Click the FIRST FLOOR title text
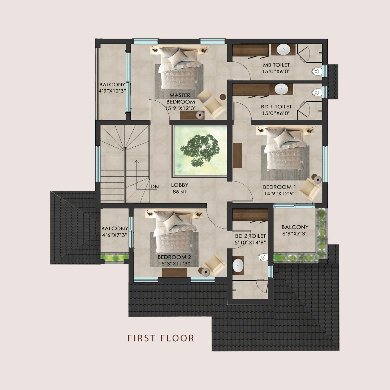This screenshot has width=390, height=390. tap(161, 338)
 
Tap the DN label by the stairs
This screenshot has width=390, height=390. tap(155, 187)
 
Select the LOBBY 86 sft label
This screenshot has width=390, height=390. tap(179, 188)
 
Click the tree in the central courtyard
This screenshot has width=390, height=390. tap(200, 150)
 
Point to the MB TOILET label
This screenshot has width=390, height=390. tap(276, 65)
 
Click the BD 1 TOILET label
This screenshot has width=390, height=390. tap(276, 107)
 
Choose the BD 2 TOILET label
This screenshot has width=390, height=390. tap(250, 236)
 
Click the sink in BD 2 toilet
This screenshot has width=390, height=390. tap(238, 265)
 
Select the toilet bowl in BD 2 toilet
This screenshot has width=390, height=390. tap(263, 257)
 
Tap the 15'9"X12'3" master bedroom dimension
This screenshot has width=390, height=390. tap(180, 108)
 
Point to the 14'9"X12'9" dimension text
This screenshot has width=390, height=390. tap(279, 193)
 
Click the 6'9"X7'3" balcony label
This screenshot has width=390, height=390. tap(295, 234)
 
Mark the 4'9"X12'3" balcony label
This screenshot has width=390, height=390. tap(112, 91)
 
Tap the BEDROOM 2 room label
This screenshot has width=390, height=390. tap(174, 257)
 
